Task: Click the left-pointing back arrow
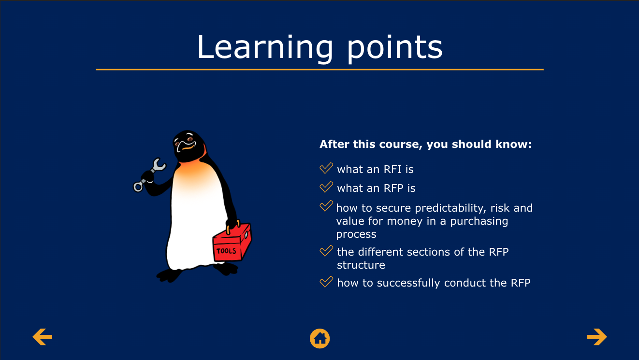tap(42, 337)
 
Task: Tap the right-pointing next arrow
tap(597, 337)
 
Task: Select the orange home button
tap(320, 339)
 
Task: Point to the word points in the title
tap(395, 48)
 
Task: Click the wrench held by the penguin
tap(149, 174)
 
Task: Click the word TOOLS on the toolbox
tap(226, 251)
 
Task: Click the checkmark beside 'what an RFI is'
tap(326, 168)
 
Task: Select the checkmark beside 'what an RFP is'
tap(326, 187)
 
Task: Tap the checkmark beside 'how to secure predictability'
tap(326, 206)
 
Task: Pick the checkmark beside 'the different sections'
tap(326, 251)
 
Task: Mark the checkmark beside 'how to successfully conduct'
tap(326, 282)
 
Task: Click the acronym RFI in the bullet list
tap(392, 170)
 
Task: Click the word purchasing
tap(479, 221)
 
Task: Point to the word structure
tap(361, 265)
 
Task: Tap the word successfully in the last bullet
tap(408, 283)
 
